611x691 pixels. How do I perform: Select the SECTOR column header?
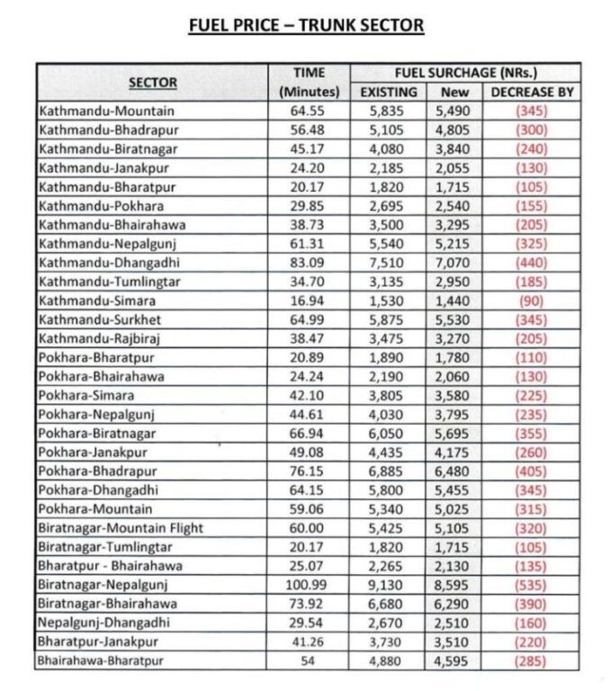pyautogui.click(x=152, y=83)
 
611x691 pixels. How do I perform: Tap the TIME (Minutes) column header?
pyautogui.click(x=309, y=83)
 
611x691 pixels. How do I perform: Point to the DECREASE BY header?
pyautogui.click(x=532, y=92)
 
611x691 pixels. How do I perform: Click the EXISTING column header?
pyautogui.click(x=389, y=92)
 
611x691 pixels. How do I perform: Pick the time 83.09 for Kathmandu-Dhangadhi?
pyautogui.click(x=310, y=262)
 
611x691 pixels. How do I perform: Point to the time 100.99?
pyautogui.click(x=309, y=585)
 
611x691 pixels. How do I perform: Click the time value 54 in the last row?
pyautogui.click(x=309, y=661)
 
